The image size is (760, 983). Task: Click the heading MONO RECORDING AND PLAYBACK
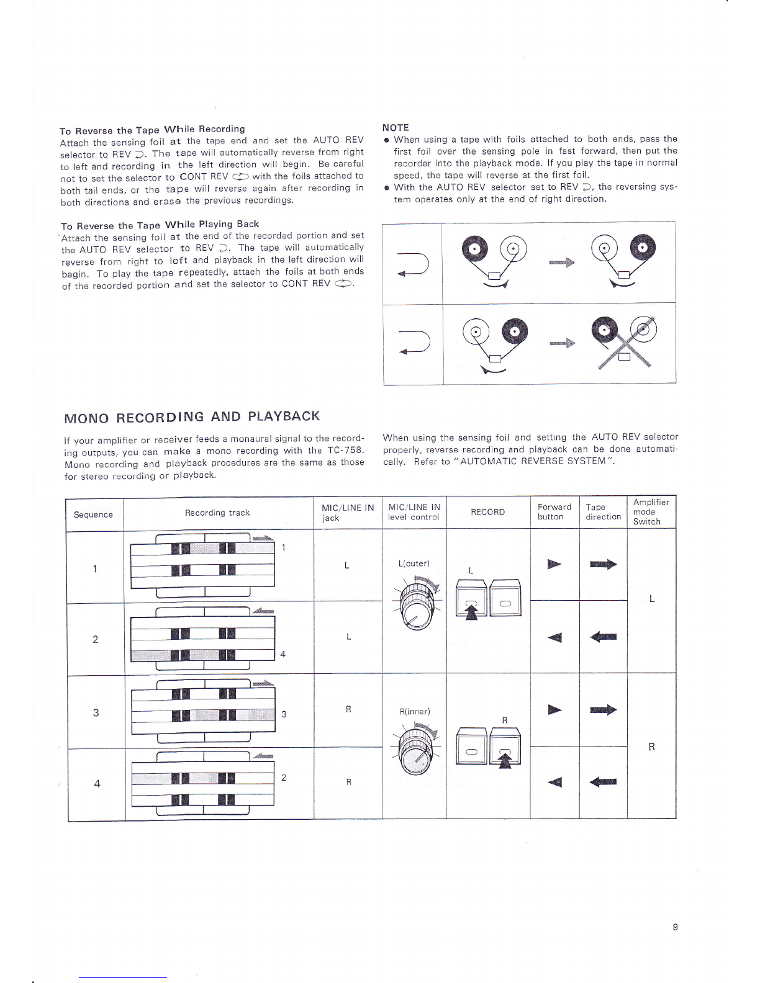pos(192,416)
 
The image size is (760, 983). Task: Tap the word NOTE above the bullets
pos(396,127)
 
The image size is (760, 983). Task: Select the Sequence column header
pos(93,514)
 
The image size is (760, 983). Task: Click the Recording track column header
pos(217,513)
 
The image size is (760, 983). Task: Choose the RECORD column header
pos(487,512)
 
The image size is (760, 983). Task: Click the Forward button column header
pos(554,512)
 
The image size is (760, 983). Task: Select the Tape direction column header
pos(603,512)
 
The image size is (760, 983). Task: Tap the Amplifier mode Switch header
pos(651,512)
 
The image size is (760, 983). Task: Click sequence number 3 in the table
pos(96,712)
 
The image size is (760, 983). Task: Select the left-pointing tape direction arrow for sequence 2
pos(603,637)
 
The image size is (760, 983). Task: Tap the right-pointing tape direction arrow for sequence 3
pos(603,710)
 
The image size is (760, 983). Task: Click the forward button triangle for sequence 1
pos(554,564)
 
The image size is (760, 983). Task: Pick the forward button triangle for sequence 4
pos(554,782)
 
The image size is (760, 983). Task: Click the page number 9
pos(675,927)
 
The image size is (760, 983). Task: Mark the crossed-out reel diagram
pos(624,343)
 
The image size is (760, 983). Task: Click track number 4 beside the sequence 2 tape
pos(283,654)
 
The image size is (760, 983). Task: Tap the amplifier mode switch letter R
pos(651,747)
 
